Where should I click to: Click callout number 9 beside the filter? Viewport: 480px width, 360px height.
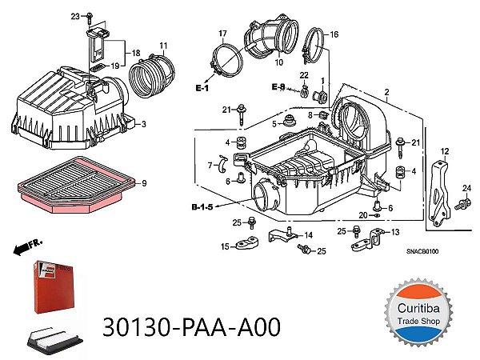143,183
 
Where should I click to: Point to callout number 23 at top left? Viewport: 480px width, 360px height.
75,17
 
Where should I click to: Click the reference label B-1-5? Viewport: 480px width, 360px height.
202,207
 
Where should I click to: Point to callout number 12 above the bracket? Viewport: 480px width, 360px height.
445,150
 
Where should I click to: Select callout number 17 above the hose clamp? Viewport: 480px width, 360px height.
223,32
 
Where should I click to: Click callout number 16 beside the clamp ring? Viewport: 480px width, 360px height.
334,34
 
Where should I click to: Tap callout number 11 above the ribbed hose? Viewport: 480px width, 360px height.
162,44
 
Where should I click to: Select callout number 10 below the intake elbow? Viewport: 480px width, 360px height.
279,62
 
